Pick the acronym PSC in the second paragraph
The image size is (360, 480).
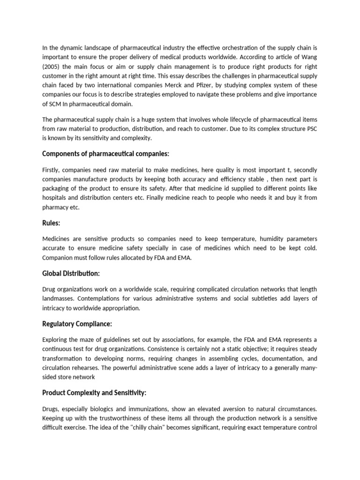coord(311,129)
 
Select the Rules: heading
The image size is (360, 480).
coord(52,223)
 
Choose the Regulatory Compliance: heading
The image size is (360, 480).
coord(77,323)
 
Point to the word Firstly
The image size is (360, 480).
coord(52,169)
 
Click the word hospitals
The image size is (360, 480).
coord(57,198)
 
